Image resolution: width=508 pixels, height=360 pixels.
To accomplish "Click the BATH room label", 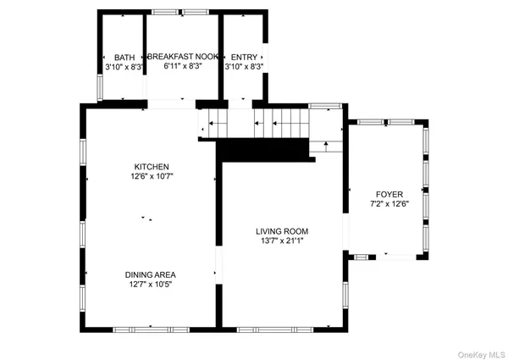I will coord(124,58).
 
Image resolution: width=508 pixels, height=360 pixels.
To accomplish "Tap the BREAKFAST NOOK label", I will coord(182,57).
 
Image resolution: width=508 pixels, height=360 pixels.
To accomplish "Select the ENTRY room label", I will coord(244,58).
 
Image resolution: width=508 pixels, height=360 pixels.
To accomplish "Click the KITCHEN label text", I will coord(152,167).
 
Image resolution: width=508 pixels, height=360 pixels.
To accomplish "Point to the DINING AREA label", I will coord(151,274).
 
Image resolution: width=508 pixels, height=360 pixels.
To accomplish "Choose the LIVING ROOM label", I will coord(283,231).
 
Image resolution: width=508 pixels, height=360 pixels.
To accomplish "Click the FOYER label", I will coord(389,192).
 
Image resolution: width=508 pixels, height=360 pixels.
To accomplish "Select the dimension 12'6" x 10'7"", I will coord(152,177).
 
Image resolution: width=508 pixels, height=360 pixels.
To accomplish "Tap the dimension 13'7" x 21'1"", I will coord(283,241).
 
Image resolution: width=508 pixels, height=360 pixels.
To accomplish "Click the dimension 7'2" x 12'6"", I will coord(389,203).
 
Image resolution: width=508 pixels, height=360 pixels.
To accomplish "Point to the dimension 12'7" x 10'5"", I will coord(151,285).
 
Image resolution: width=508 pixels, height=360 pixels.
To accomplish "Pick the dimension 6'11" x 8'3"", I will coord(182,66).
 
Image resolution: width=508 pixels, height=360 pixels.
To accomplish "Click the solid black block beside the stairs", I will coord(262,148).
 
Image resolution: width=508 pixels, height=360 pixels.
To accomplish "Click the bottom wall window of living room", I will coord(279,329).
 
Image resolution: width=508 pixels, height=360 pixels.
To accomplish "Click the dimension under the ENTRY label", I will coord(244,66).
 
